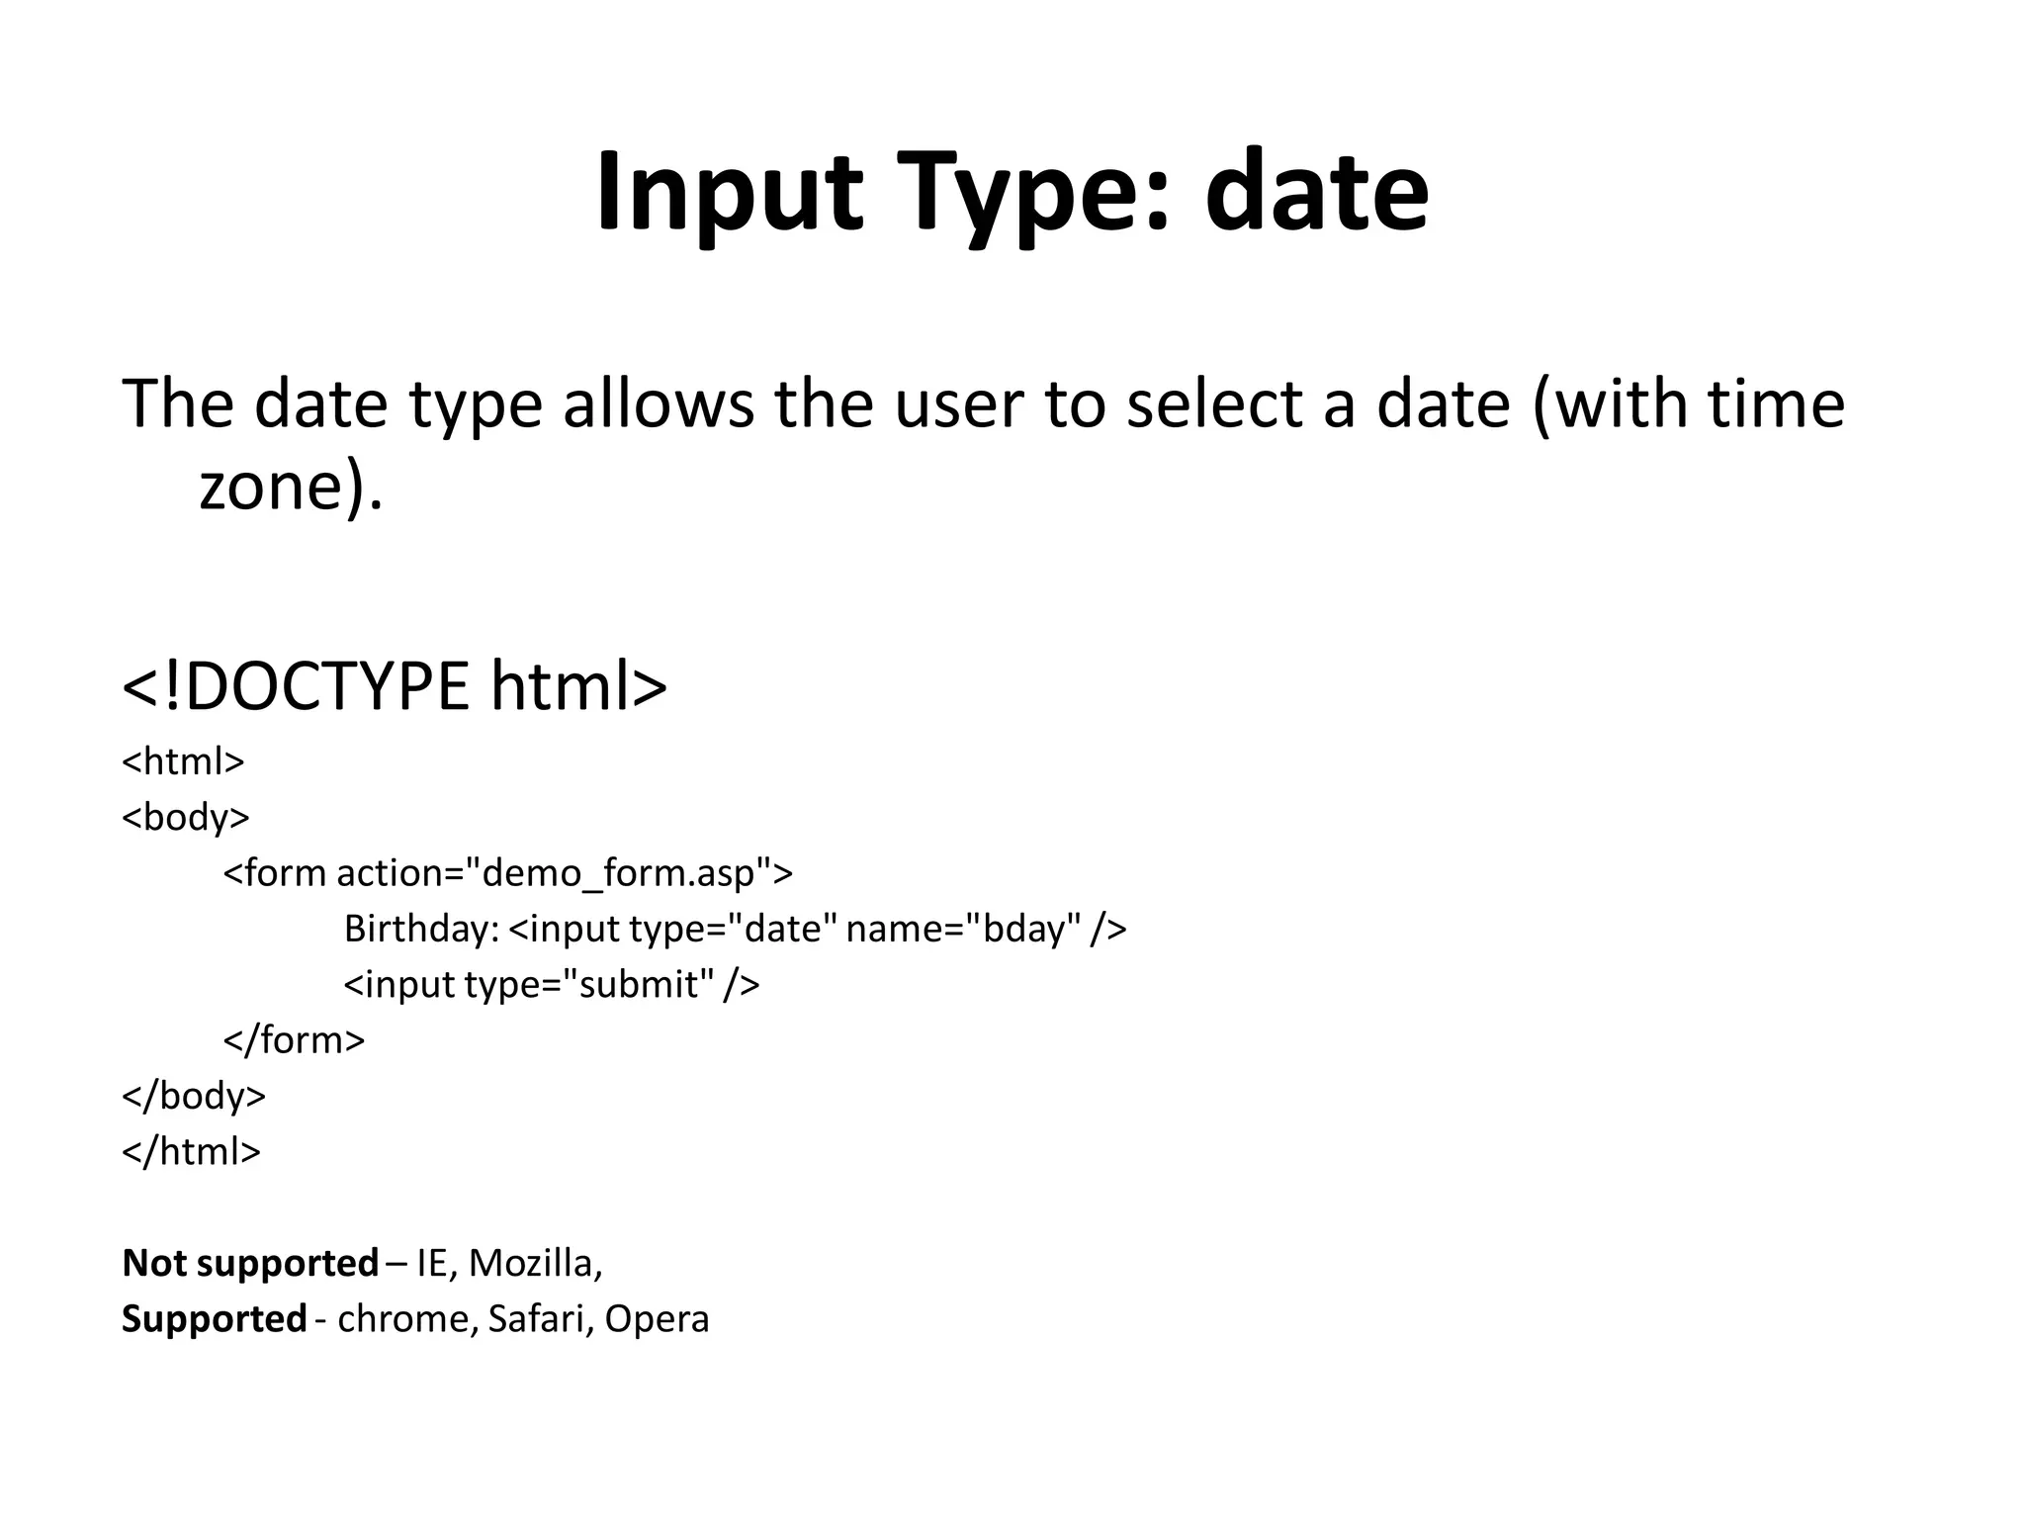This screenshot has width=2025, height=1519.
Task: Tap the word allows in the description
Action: click(658, 404)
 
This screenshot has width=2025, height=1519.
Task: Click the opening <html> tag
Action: click(183, 761)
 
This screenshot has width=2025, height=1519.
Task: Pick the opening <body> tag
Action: click(186, 818)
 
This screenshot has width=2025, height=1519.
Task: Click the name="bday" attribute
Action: click(963, 929)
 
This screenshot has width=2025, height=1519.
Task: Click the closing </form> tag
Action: click(294, 1040)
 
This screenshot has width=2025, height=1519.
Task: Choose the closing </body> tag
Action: click(194, 1096)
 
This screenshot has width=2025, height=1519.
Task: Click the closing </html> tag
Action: click(191, 1151)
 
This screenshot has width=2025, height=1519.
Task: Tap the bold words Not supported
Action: click(250, 1263)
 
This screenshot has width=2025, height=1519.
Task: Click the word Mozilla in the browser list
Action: click(531, 1263)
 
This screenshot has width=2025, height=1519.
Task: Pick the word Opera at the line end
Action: click(657, 1319)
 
